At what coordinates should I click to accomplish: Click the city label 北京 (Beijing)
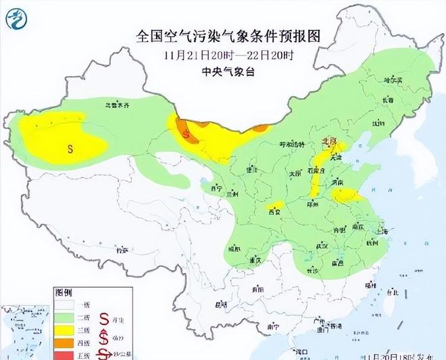click(x=330, y=142)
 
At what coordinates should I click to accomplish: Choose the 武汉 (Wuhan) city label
click(x=321, y=245)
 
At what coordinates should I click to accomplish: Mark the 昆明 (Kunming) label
click(x=221, y=305)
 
